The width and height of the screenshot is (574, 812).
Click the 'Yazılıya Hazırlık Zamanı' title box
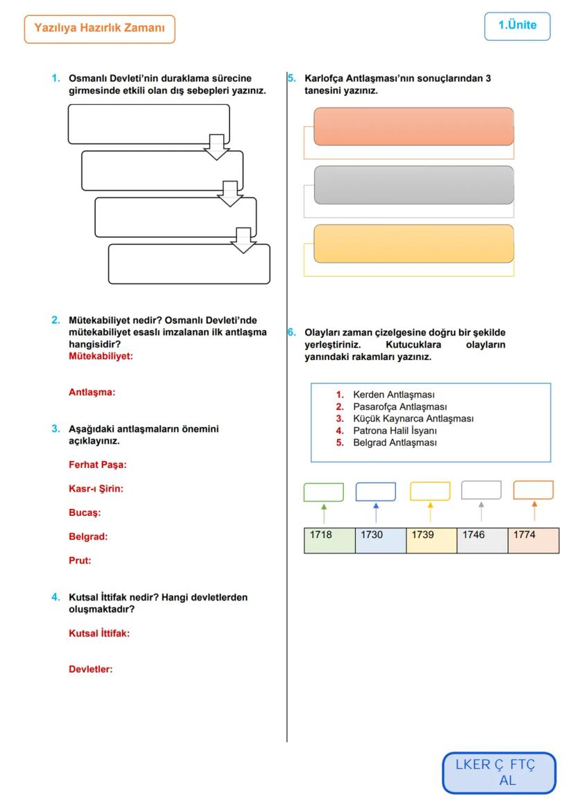tap(99, 30)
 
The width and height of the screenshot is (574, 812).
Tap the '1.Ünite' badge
tap(517, 26)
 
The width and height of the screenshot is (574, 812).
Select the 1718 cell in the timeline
tap(329, 540)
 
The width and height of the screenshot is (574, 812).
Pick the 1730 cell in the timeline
tap(380, 540)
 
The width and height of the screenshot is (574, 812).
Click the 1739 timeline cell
tap(431, 540)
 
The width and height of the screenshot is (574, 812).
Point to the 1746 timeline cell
tap(482, 540)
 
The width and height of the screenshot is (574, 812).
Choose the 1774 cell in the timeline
tap(533, 540)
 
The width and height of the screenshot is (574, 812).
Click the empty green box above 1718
tap(324, 492)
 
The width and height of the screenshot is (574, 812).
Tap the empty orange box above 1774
tap(533, 490)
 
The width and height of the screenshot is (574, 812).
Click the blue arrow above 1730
tap(376, 512)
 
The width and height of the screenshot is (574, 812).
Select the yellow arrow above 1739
tap(430, 512)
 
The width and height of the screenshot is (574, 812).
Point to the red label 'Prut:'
tap(79, 560)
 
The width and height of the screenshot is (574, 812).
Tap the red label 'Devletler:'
tap(90, 669)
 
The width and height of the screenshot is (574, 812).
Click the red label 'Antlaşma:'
tap(91, 392)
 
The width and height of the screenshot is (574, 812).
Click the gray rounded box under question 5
tap(414, 185)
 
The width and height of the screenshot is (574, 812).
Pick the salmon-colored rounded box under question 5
tap(414, 126)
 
